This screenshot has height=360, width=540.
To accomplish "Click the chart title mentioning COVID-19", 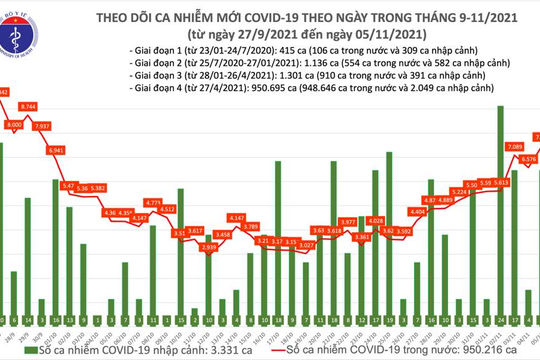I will point(301,15).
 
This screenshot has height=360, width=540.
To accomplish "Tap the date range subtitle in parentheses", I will point(301,31).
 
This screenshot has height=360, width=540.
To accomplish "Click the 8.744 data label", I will point(57,105).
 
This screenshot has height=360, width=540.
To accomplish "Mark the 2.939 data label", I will point(209,245).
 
